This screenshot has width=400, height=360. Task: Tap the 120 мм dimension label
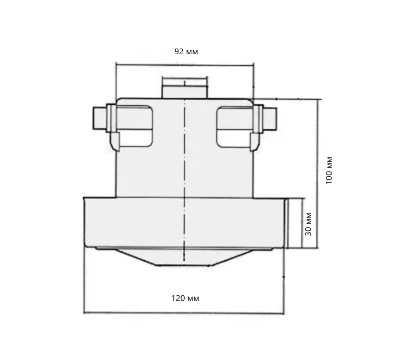[185, 298]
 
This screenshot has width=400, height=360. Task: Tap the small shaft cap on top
[185, 87]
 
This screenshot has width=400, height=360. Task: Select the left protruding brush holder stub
[99, 119]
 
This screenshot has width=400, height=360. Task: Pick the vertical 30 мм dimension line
[300, 223]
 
